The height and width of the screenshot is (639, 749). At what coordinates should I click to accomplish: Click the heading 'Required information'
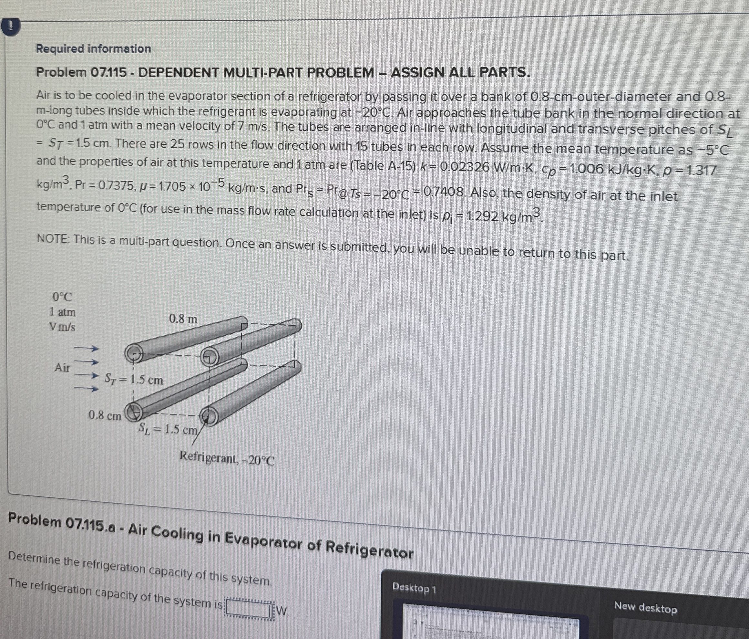click(93, 49)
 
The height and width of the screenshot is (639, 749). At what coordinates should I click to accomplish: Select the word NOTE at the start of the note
click(53, 239)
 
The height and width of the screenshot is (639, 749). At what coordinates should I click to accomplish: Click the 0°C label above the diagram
click(62, 297)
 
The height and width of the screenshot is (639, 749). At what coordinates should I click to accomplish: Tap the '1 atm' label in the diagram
click(63, 312)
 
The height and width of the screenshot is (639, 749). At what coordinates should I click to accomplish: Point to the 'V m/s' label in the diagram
click(63, 327)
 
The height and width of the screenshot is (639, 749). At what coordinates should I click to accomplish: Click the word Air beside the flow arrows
click(62, 367)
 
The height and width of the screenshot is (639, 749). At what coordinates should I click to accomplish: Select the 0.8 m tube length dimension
click(183, 319)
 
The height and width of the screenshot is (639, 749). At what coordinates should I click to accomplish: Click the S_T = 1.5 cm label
click(133, 379)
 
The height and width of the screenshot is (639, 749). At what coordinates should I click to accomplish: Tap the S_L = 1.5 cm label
click(168, 429)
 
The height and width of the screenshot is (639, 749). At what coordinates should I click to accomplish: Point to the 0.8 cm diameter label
click(105, 415)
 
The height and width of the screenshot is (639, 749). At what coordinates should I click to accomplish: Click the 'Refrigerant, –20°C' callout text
click(227, 459)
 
